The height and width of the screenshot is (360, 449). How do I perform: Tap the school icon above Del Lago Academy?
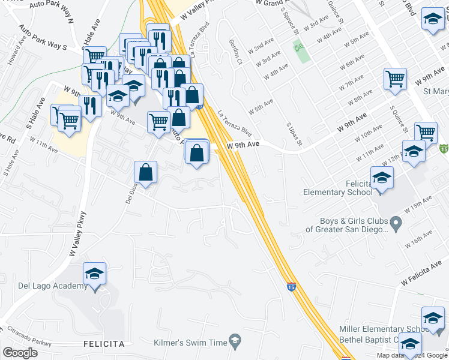[94, 274]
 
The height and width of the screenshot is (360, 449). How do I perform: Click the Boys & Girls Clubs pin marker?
[396, 224]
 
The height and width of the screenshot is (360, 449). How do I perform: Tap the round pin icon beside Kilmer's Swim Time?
[236, 341]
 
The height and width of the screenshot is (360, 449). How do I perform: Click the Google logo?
[20, 353]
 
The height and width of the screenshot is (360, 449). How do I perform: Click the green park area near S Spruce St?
[301, 51]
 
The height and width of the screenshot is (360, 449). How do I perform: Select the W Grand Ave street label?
[271, 3]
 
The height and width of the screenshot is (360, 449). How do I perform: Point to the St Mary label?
[436, 92]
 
